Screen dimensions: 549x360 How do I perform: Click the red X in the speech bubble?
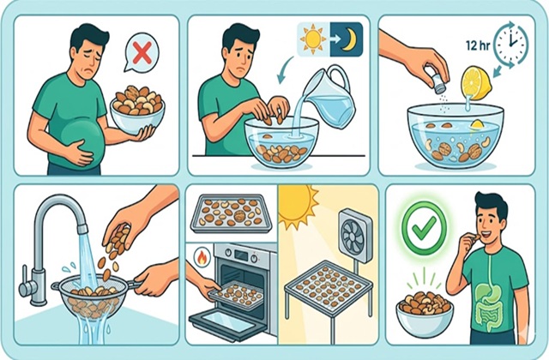(142, 52)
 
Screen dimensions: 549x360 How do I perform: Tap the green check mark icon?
(424, 227)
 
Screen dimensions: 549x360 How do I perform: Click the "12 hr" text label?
(478, 45)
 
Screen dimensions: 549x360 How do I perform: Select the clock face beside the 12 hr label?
(511, 44)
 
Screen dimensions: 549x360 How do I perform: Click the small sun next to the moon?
(313, 39)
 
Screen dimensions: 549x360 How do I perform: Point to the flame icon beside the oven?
(202, 257)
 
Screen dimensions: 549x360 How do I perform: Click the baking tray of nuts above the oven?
(232, 213)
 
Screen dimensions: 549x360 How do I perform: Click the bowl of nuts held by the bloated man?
(137, 108)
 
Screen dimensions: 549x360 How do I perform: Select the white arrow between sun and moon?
(335, 39)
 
